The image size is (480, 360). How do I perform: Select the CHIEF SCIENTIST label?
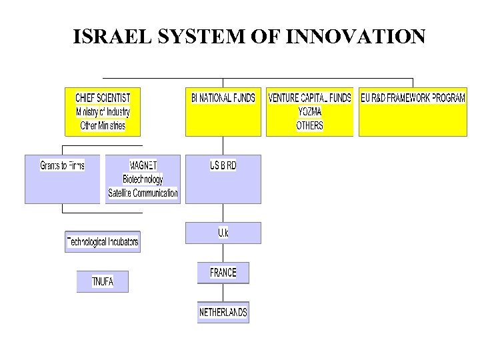pos(103,98)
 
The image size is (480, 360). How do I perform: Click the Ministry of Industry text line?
pos(103,112)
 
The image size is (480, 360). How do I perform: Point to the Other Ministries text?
pos(103,125)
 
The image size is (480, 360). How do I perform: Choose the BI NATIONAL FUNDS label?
pos(223,98)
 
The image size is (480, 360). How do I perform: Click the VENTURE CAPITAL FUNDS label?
pos(309,98)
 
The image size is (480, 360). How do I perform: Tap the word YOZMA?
pos(309,112)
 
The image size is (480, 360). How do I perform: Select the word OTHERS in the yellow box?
pos(309,125)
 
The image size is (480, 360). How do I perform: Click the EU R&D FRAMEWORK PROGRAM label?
pos(413,98)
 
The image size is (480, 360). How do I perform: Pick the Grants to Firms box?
pos(62,165)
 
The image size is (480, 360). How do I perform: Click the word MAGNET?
pos(143,165)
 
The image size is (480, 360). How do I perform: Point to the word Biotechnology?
pos(143,179)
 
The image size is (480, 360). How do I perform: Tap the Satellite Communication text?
pos(143,193)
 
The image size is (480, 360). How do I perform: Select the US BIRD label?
pos(223,165)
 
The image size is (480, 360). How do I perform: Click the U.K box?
pos(223,233)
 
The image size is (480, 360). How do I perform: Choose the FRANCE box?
pos(223,273)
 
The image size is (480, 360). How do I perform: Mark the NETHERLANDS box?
pos(223,312)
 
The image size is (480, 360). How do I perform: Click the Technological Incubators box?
pos(103,241)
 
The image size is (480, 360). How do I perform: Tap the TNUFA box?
pos(102,281)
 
